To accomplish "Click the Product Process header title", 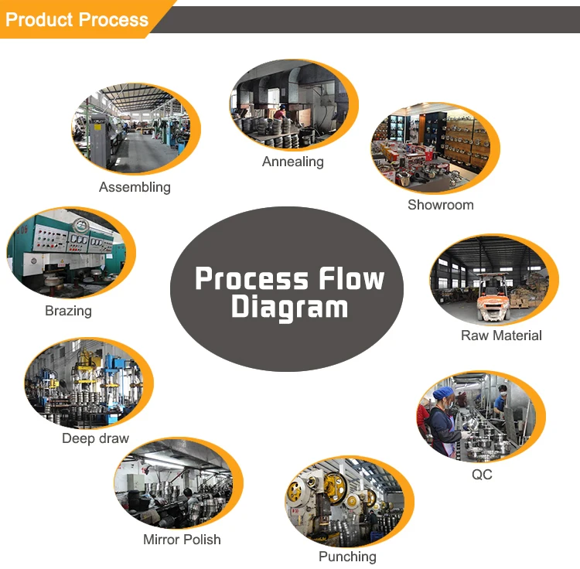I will [x=77, y=19].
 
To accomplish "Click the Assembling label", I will [x=135, y=187].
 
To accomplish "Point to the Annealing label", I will [x=292, y=162].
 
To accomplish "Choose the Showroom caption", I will [x=440, y=205].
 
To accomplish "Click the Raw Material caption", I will [x=501, y=336].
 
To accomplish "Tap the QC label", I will [x=481, y=475].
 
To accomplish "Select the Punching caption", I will [x=347, y=557].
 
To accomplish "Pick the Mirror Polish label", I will [x=182, y=540].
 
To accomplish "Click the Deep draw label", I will [x=95, y=438].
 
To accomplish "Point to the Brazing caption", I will [x=68, y=311].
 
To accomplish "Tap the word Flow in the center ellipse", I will [x=346, y=278].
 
